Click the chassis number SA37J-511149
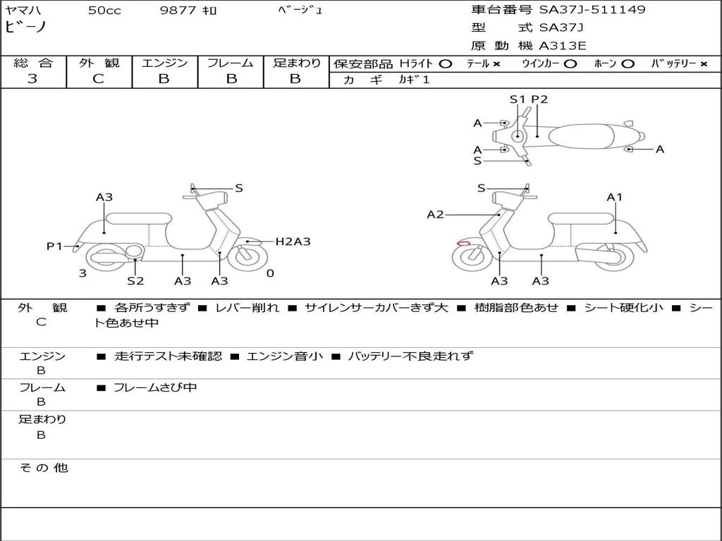(x=592, y=10)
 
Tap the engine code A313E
(x=563, y=46)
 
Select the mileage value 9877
(x=176, y=11)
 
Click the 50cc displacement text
(x=104, y=11)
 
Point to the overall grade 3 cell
(x=32, y=79)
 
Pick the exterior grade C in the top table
(x=99, y=79)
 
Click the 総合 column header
(x=33, y=63)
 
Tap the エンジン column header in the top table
(x=164, y=63)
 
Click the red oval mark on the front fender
(x=463, y=244)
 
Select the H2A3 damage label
(x=293, y=242)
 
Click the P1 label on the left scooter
(x=54, y=246)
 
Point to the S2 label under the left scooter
(x=135, y=281)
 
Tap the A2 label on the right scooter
(x=435, y=214)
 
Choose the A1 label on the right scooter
(x=615, y=197)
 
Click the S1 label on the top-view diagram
(x=518, y=99)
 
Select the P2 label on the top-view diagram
(x=539, y=99)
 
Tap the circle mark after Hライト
(x=445, y=63)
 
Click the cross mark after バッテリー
(x=703, y=63)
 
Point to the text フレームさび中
(x=155, y=387)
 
